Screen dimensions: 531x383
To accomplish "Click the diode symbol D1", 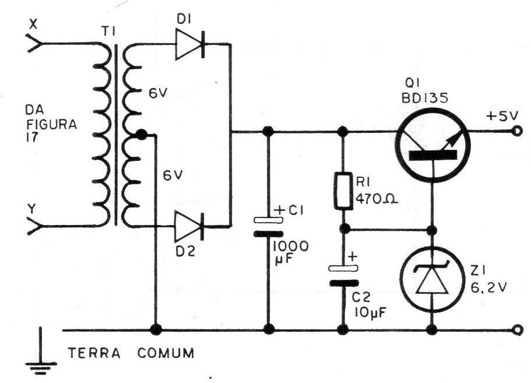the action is coord(190,44).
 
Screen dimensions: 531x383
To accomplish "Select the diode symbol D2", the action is coord(189,226).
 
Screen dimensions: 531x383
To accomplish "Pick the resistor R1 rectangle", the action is coord(343,191).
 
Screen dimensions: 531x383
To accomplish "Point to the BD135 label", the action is coord(425,98).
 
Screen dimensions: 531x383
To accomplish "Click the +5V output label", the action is coord(502,116).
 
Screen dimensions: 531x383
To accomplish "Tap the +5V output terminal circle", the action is coord(517,131).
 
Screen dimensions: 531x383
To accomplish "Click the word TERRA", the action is coord(94,353).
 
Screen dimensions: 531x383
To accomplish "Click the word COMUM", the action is coord(166,353).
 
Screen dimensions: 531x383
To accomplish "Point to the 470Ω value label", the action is coord(377,200).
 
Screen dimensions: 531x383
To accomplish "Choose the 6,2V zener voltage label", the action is coord(488,287).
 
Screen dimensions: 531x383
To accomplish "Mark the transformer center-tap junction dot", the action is coord(141,135).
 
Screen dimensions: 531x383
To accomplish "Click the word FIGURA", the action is coord(52,125).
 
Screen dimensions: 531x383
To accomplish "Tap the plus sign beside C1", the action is coord(280,210).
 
